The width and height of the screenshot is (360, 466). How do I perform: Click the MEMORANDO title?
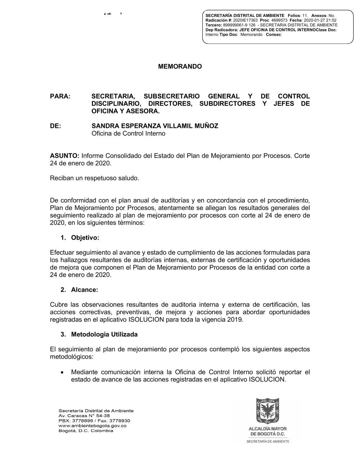tap(180, 67)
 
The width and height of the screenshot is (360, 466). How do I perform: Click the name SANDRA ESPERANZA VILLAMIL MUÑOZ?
tap(155, 126)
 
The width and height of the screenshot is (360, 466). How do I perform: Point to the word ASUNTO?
tap(65, 156)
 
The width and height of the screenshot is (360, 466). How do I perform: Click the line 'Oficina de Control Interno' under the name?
tap(129, 134)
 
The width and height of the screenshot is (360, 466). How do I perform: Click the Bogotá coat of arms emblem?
tap(267, 411)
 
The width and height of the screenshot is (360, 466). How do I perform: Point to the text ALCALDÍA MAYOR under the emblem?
tap(267, 429)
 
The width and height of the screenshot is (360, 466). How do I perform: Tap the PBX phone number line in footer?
tap(94, 421)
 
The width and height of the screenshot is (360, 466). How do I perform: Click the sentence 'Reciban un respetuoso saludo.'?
tap(95, 178)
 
